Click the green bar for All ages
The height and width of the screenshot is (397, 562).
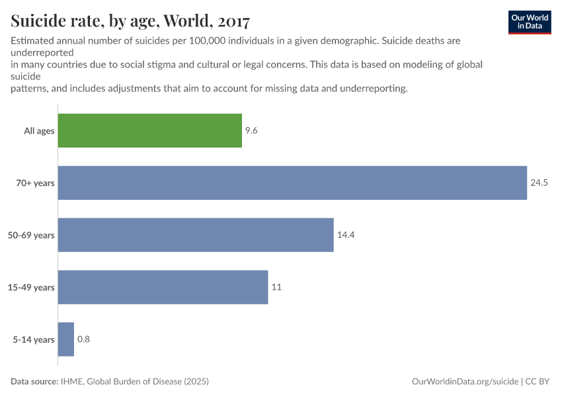149,130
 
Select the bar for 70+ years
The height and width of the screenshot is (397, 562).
292,183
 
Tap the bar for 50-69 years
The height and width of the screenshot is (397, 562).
196,235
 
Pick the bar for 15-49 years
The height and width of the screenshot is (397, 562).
163,287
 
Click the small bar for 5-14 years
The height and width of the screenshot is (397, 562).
66,339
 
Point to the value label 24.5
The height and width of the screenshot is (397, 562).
540,183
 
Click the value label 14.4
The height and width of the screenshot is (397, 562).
346,235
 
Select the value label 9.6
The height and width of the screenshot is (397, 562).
251,130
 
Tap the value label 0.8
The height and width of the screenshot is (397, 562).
83,339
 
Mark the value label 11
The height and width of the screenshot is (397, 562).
276,287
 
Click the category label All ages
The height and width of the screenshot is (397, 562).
39,131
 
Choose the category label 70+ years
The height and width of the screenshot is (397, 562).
35,183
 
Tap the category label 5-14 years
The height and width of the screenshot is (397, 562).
34,340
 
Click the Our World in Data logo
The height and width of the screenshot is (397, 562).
530,22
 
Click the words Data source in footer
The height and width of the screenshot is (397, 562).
34,382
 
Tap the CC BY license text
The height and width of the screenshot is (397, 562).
538,382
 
